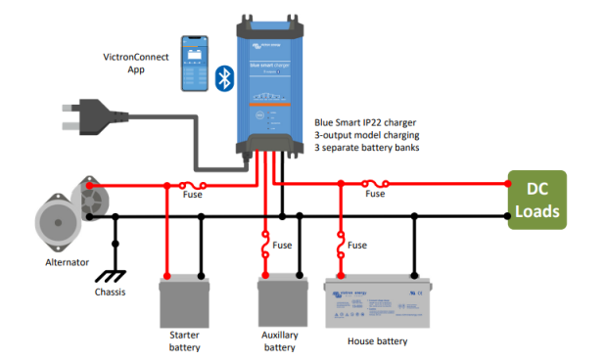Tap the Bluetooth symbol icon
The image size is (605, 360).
pyautogui.click(x=224, y=77)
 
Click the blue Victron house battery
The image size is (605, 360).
pyautogui.click(x=378, y=302)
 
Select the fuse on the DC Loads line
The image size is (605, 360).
pyautogui.click(x=374, y=183)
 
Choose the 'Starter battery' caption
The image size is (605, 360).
pyautogui.click(x=184, y=340)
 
